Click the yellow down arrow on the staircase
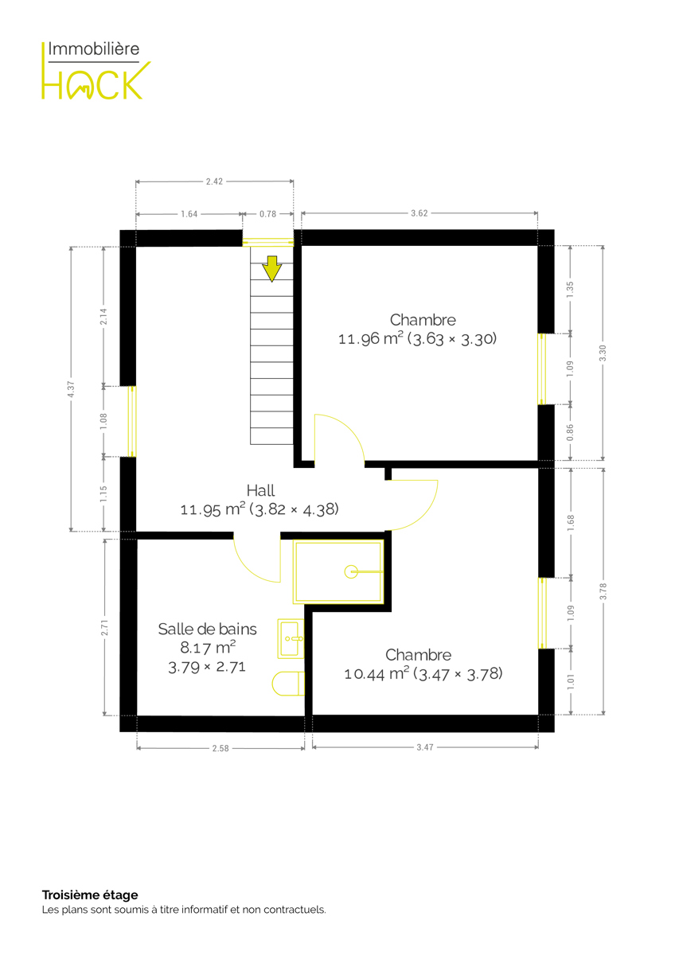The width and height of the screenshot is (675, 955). tap(271, 269)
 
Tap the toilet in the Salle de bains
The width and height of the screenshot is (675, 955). tap(288, 684)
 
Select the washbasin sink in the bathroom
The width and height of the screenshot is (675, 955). tap(291, 638)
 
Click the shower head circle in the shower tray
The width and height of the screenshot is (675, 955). tap(351, 571)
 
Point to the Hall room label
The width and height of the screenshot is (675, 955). tap(260, 490)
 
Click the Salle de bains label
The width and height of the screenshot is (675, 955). tap(207, 630)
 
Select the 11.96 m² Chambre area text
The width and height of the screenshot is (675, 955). tap(417, 339)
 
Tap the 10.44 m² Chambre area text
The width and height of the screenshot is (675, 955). tap(423, 674)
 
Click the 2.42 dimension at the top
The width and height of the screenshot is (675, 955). tap(214, 181)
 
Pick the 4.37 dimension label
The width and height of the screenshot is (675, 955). tap(71, 389)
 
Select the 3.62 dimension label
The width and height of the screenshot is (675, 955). tap(419, 213)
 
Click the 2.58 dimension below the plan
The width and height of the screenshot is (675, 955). tap(220, 748)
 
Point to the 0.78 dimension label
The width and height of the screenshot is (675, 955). tap(267, 214)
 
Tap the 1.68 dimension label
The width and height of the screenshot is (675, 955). tap(571, 523)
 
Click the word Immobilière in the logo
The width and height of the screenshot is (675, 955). tap(94, 49)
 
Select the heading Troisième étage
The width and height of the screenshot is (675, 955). tap(90, 895)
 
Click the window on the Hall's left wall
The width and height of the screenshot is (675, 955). tap(132, 422)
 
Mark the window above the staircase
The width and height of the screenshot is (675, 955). tap(267, 242)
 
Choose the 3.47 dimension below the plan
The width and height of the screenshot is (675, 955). tap(425, 747)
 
